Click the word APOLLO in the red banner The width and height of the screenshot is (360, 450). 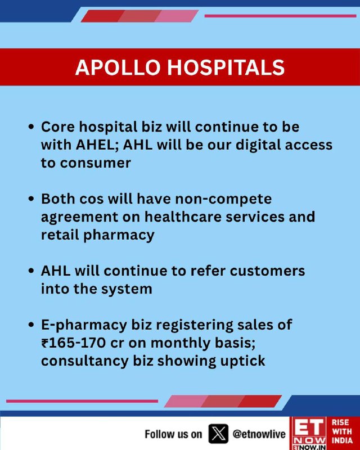coord(118,67)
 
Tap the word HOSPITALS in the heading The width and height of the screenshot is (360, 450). coord(226,67)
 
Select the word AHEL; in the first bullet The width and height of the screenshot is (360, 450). coord(97,145)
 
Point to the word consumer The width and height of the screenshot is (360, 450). coord(96,163)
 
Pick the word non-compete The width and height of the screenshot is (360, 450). coord(223,199)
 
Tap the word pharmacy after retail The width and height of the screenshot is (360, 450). coord(119,235)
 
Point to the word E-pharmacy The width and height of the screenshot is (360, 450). coord(84,325)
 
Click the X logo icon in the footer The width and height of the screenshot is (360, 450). coord(218,433)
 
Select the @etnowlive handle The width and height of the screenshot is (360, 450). coord(259,434)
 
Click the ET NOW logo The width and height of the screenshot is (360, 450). coord(309,433)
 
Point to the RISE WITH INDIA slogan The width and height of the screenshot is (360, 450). coord(343,431)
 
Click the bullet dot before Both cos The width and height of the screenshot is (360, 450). coord(31,199)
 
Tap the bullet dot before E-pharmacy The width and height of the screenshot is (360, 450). coord(31,325)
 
